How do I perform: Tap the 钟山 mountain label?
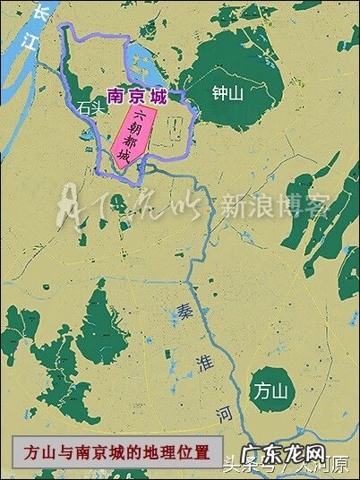coord(227,91)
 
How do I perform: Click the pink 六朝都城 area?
coord(135,139)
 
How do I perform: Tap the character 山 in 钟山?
coord(239,91)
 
